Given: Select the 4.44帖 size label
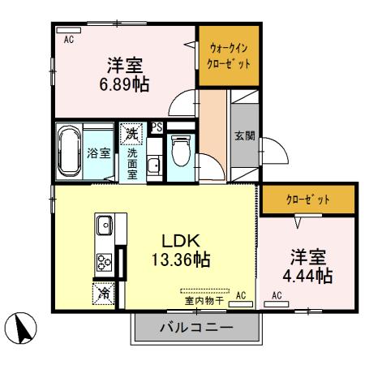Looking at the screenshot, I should pyautogui.click(x=309, y=275).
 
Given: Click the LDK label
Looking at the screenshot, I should pyautogui.click(x=180, y=240).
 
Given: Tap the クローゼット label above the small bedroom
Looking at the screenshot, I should pyautogui.click(x=308, y=199).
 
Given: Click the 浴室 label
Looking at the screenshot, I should pyautogui.click(x=99, y=152).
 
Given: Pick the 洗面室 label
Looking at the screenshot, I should pyautogui.click(x=131, y=161).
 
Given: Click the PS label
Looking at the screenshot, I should pyautogui.click(x=157, y=127).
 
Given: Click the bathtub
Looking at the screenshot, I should pyautogui.click(x=68, y=152).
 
